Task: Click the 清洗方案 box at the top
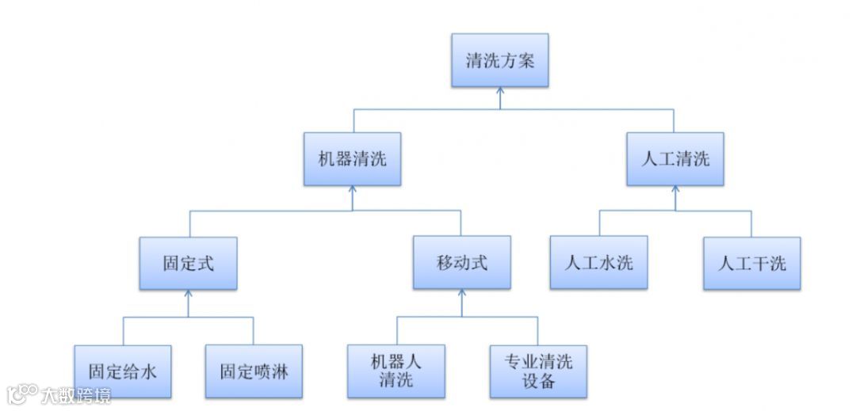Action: pyautogui.click(x=499, y=60)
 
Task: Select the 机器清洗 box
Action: pyautogui.click(x=353, y=159)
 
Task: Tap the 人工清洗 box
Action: pyautogui.click(x=674, y=159)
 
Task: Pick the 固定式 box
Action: pyautogui.click(x=188, y=263)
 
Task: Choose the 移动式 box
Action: pyautogui.click(x=460, y=263)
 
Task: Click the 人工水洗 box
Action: pyautogui.click(x=598, y=263)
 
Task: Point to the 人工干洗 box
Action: pyautogui.click(x=751, y=263)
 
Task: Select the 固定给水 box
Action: pyautogui.click(x=122, y=371)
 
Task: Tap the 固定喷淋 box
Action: pyautogui.click(x=254, y=371)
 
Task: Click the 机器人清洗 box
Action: pyautogui.click(x=396, y=371)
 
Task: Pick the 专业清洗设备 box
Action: pyautogui.click(x=538, y=371)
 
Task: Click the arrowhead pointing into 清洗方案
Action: pyautogui.click(x=499, y=92)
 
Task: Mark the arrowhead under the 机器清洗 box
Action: pyautogui.click(x=353, y=191)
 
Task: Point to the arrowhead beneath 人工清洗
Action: pyautogui.click(x=675, y=191)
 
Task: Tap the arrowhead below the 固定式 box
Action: pyautogui.click(x=188, y=295)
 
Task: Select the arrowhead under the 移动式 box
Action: pyautogui.click(x=461, y=295)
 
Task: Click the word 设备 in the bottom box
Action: pyautogui.click(x=538, y=382)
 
